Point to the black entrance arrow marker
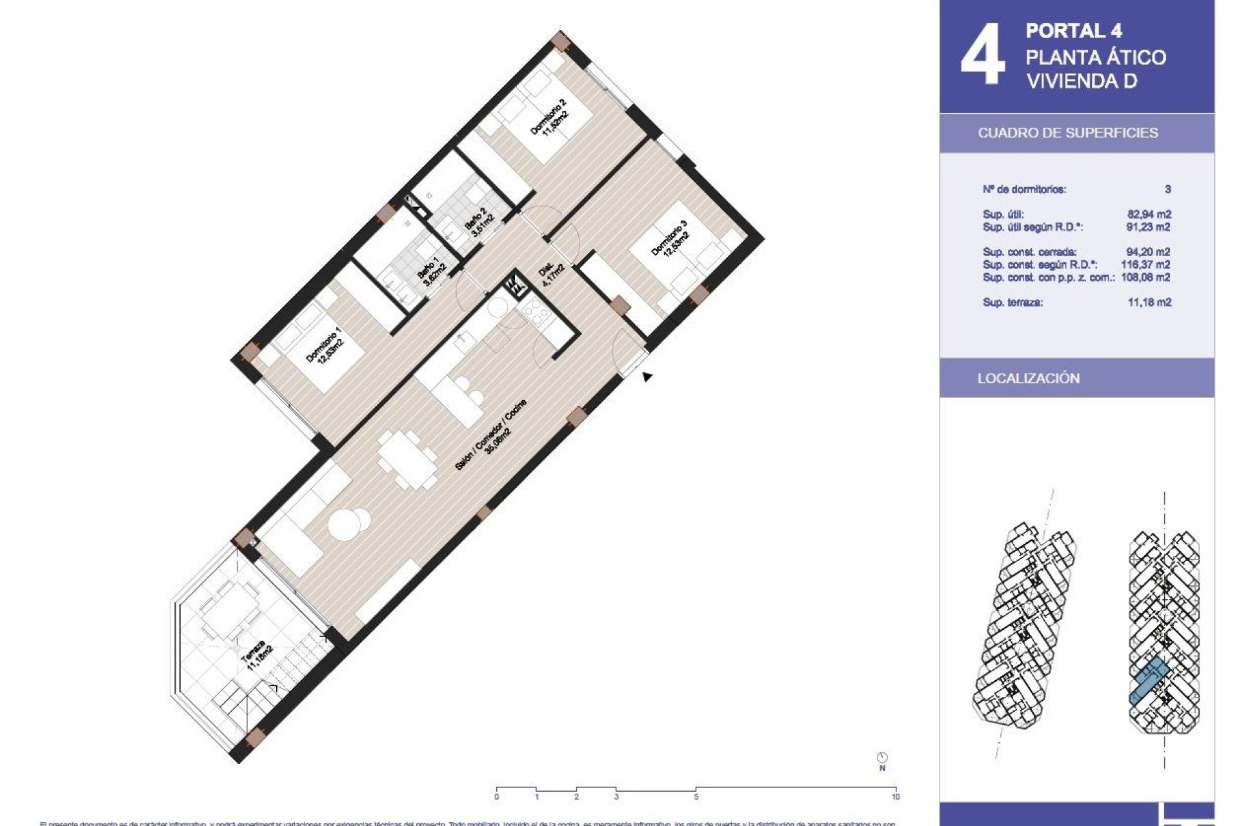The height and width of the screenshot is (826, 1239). [x=647, y=377]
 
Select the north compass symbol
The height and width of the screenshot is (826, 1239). [x=882, y=758]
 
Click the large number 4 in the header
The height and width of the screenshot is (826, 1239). [x=982, y=55]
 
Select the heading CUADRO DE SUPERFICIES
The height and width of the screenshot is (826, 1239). [x=1067, y=133]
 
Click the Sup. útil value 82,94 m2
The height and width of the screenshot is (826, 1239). [x=1149, y=214]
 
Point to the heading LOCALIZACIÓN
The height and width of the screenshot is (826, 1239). [x=1028, y=379]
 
